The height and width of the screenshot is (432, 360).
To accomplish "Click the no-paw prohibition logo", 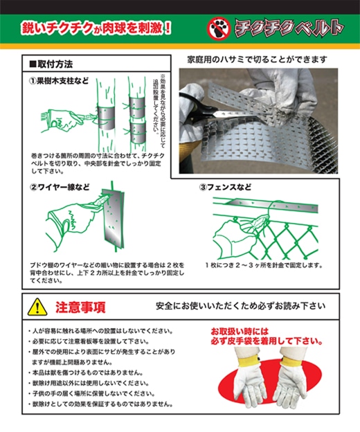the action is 219,28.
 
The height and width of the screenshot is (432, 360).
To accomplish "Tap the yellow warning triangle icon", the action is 37,307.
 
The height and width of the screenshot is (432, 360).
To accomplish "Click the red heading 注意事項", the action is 80,307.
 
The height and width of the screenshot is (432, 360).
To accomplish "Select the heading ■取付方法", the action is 51,64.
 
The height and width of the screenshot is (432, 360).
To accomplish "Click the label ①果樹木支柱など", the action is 60,81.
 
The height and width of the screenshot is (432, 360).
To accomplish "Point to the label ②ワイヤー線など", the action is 60,188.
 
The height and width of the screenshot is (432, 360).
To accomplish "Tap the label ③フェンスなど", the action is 225,188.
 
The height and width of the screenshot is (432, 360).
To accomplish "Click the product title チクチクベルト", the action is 289,28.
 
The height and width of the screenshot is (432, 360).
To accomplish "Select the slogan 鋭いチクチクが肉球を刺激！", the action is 96,28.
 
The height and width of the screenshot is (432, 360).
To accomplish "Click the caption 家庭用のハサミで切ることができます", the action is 257,60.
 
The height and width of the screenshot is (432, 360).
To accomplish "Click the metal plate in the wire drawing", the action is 113,217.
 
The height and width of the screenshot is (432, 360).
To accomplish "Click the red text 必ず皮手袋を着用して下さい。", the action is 267,341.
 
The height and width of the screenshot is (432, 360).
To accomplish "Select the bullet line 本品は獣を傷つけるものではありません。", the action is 85,372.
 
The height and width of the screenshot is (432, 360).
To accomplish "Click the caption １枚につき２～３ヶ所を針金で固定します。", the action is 264,265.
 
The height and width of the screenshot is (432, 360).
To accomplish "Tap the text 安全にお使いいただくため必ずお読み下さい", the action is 240,306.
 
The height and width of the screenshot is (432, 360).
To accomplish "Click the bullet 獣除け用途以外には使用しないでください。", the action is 89,384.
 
